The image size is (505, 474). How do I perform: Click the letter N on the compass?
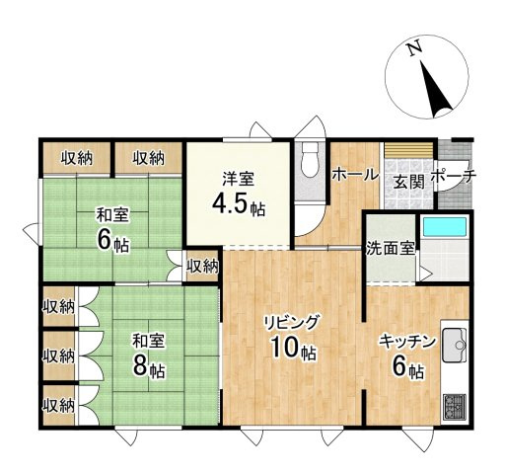(415, 47)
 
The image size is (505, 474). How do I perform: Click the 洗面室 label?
(390, 247)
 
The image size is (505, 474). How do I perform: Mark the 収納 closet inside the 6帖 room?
(202, 266)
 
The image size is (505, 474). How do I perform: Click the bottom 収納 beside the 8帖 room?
(58, 404)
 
